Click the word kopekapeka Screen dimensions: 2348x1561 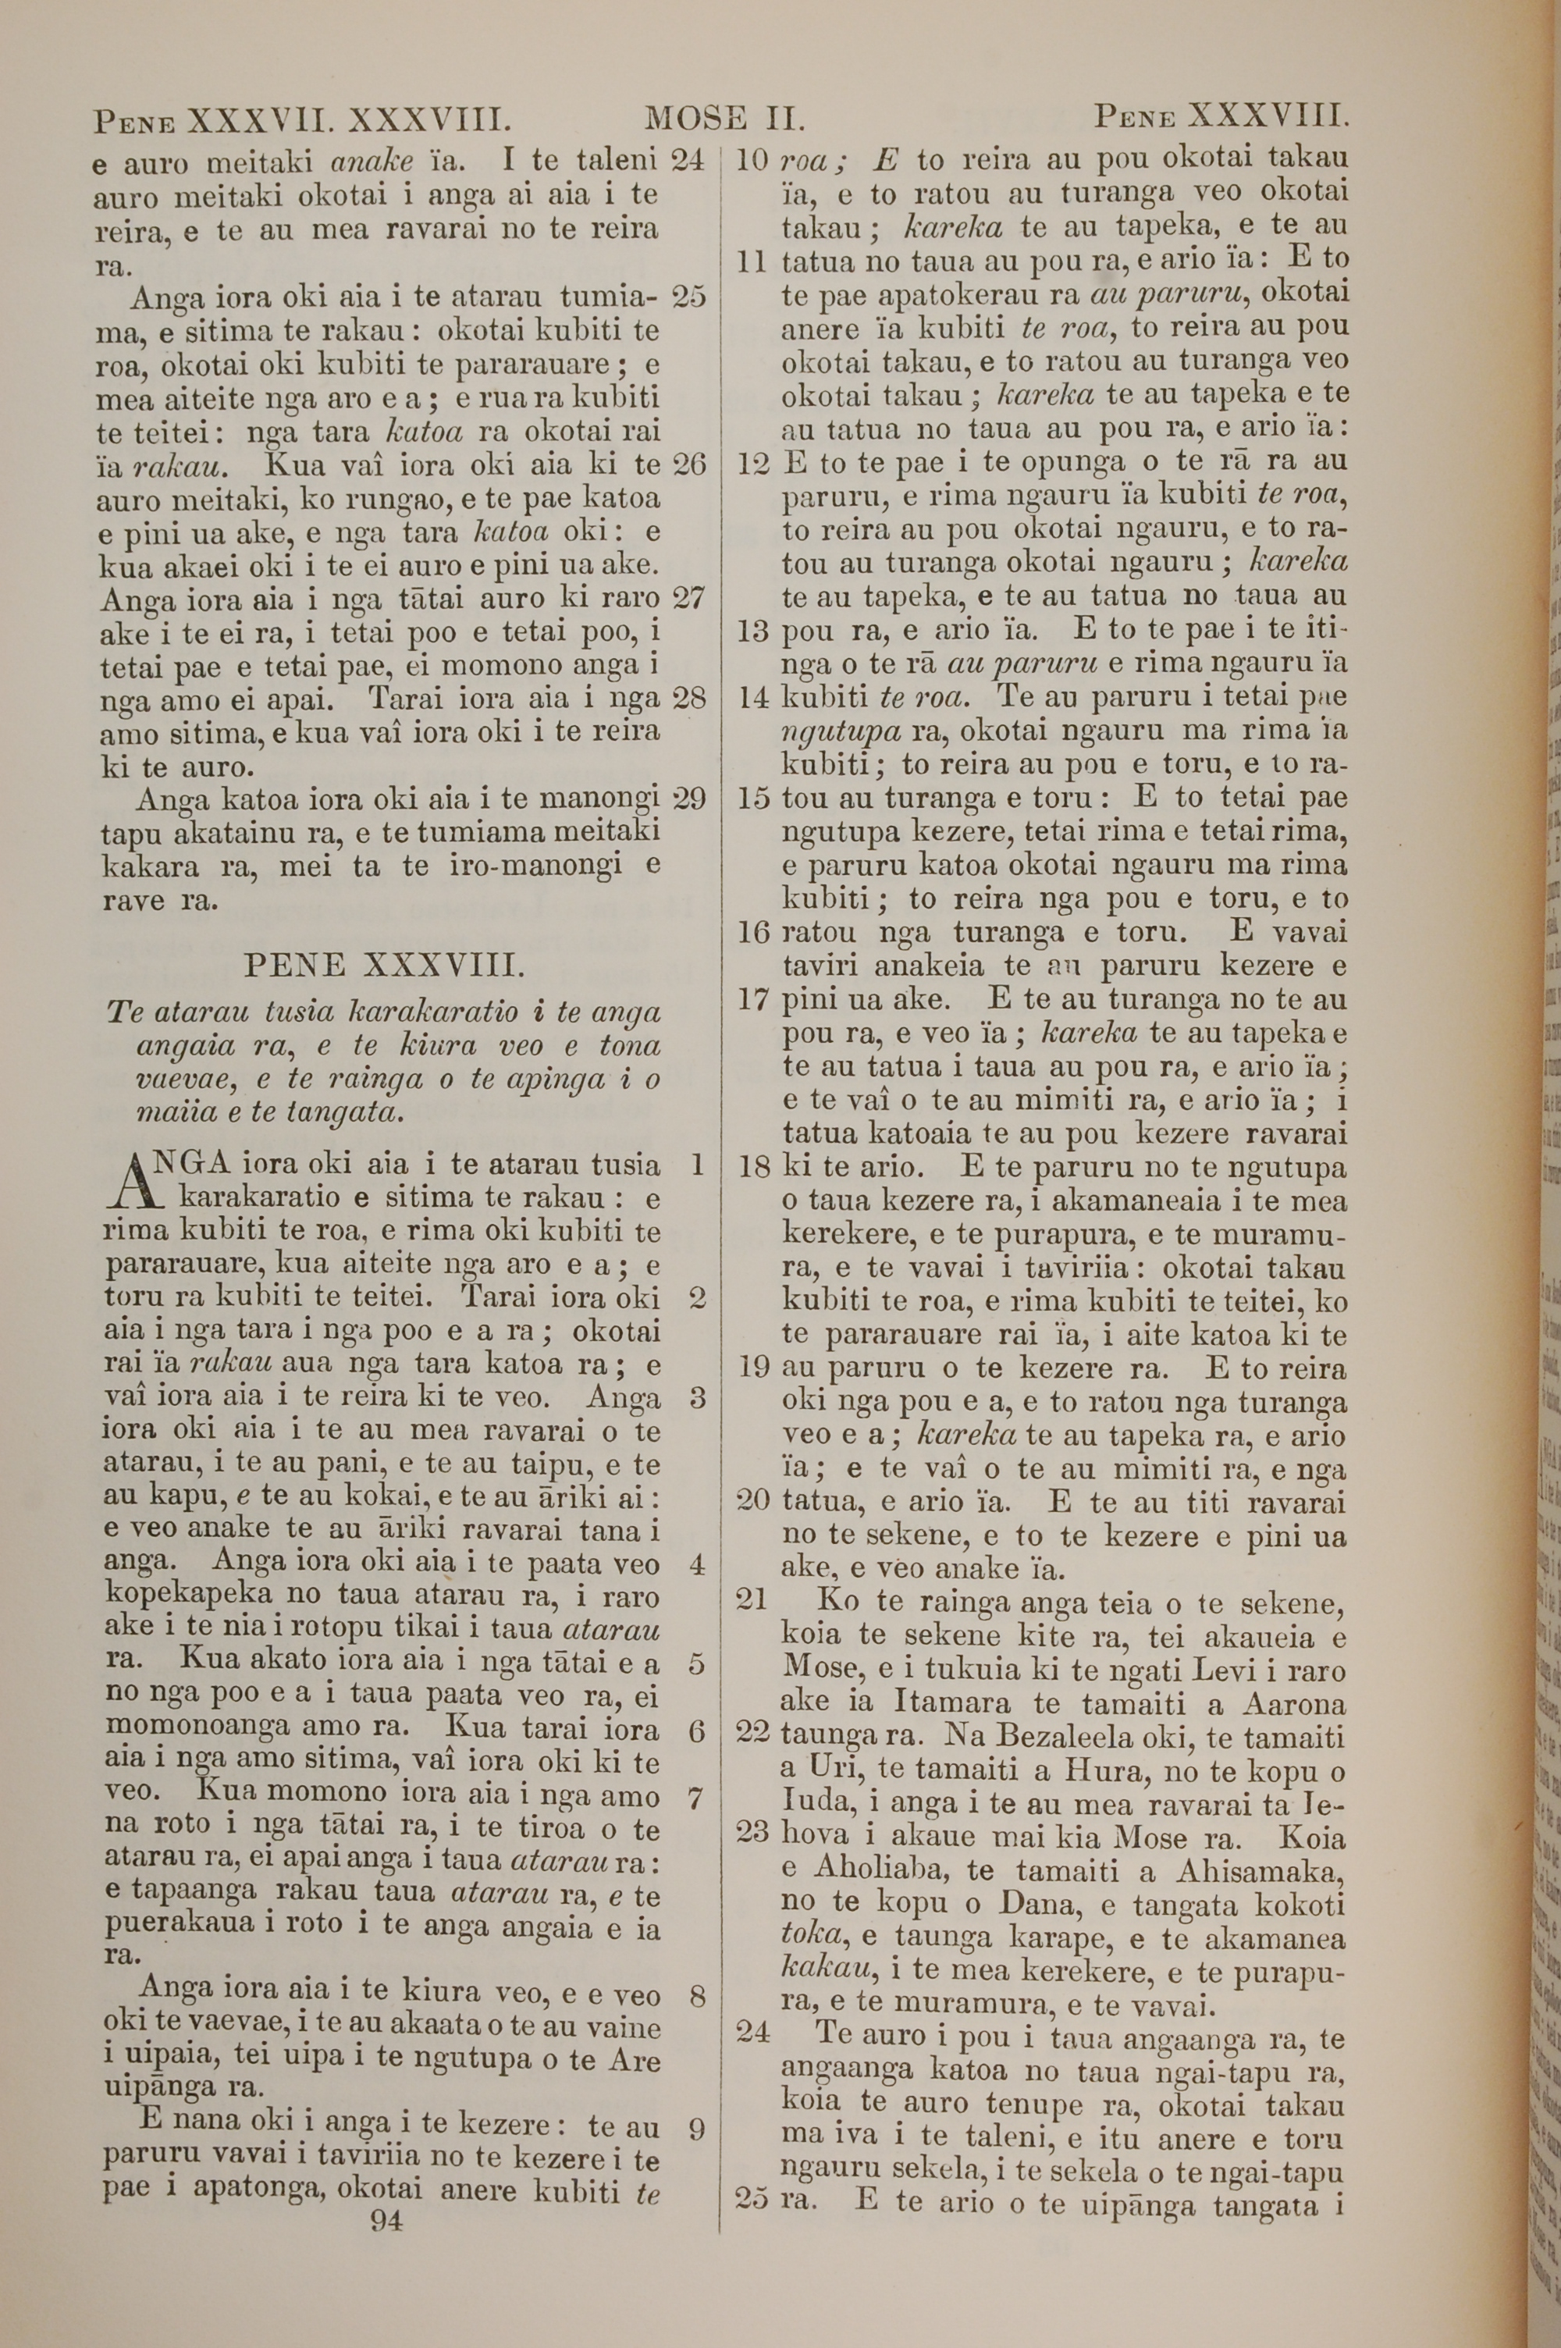click(x=188, y=1598)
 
